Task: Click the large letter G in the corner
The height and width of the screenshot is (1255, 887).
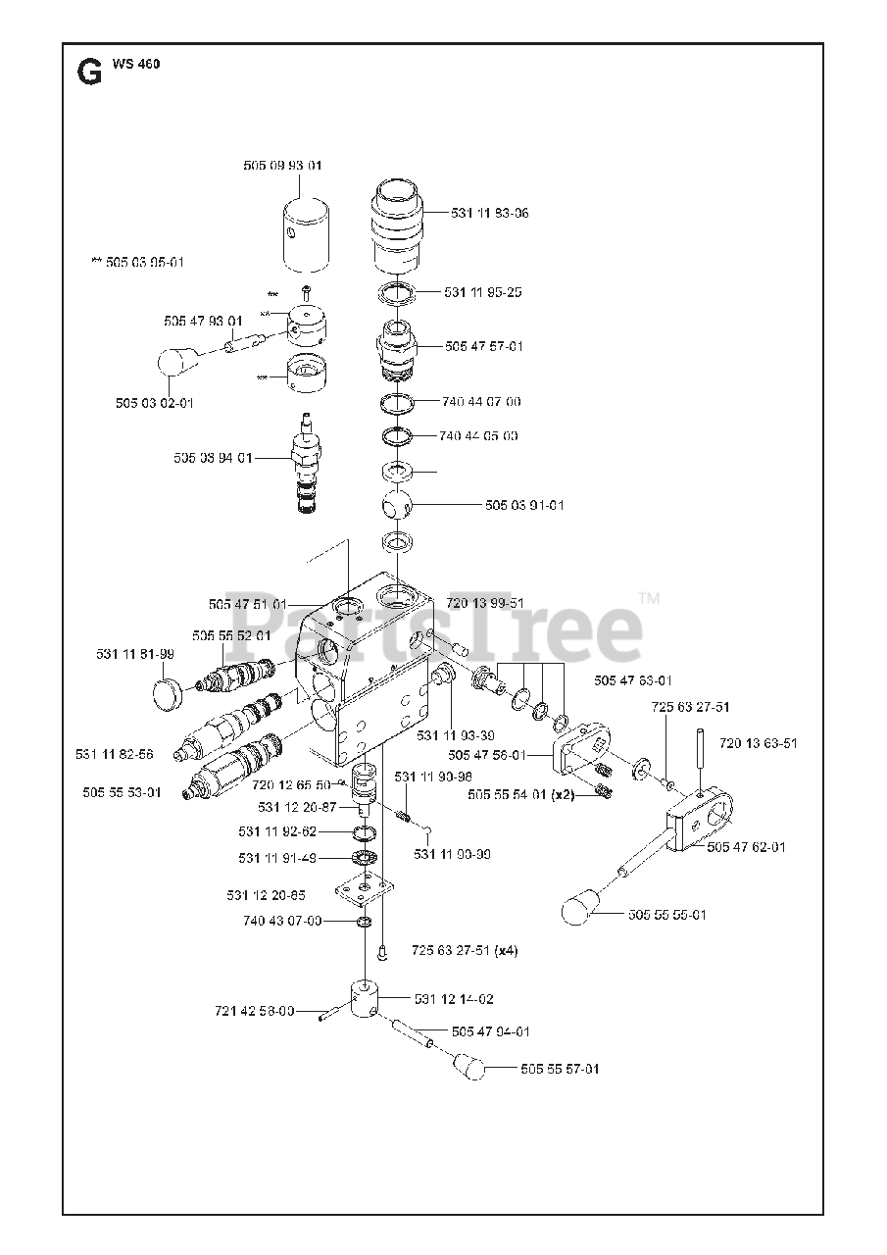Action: [88, 72]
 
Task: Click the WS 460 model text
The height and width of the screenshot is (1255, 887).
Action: [136, 65]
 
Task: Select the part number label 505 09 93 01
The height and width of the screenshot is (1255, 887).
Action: [282, 166]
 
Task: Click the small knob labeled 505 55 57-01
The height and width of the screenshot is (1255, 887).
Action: [470, 1064]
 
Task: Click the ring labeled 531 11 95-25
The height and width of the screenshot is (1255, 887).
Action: [397, 292]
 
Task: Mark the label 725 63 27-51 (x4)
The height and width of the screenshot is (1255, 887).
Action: [464, 950]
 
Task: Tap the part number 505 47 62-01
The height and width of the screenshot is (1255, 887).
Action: [746, 847]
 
